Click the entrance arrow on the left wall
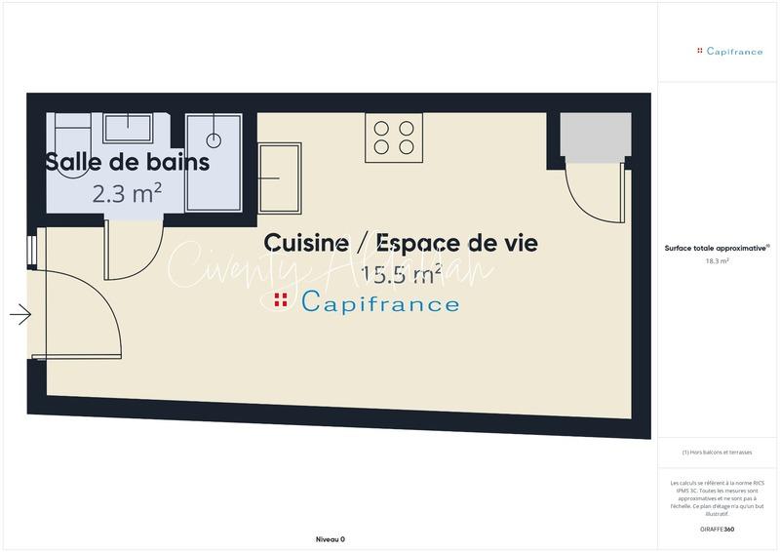tap(20, 314)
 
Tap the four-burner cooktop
tap(393, 138)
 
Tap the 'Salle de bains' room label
tap(127, 162)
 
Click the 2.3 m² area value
tap(127, 193)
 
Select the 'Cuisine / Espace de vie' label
tap(401, 242)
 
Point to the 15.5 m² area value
tap(401, 274)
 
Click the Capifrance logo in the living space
tap(367, 302)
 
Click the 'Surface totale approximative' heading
tap(717, 249)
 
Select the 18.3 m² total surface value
tap(717, 261)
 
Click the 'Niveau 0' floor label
tap(331, 539)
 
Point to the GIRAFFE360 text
tap(717, 529)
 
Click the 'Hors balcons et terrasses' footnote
tap(717, 453)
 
